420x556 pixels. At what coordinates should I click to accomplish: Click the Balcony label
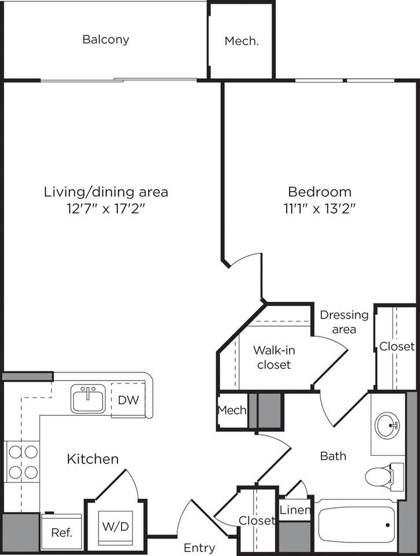(x=105, y=40)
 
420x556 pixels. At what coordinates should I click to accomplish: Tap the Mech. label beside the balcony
(x=241, y=41)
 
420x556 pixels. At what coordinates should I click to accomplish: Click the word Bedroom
(x=320, y=192)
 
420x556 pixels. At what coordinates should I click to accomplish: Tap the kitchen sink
(x=88, y=398)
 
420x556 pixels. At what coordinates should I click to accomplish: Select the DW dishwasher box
(x=127, y=400)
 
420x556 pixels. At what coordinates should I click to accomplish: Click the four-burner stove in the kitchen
(x=22, y=461)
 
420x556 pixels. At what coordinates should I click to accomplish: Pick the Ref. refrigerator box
(x=61, y=532)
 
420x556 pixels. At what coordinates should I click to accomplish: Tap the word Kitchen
(x=93, y=459)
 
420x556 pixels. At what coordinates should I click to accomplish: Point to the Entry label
(x=199, y=547)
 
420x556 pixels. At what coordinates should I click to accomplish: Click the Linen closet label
(x=295, y=510)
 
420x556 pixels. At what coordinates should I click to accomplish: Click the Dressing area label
(x=344, y=322)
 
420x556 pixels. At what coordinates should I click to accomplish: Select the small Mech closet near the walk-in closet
(x=232, y=411)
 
